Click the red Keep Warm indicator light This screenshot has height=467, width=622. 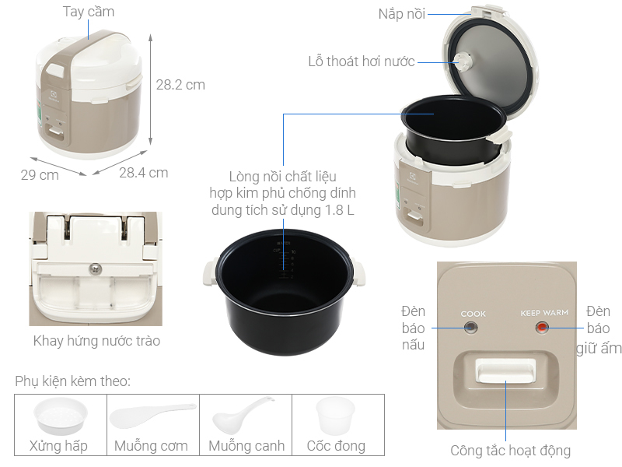[542, 328]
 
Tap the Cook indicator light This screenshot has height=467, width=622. [470, 328]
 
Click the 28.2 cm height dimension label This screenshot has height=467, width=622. [180, 85]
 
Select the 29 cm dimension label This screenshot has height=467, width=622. [40, 174]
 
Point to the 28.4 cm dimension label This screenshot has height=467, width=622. [144, 173]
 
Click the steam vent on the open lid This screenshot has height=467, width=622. [462, 62]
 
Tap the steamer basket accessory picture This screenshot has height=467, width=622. [61, 416]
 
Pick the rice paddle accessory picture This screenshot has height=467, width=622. [152, 416]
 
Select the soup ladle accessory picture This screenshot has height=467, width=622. [243, 415]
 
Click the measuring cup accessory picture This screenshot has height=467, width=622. [335, 416]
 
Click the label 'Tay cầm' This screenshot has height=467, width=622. [89, 12]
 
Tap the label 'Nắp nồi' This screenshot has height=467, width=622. [401, 14]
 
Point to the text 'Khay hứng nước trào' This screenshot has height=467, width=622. [96, 341]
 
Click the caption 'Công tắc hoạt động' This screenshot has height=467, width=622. [510, 451]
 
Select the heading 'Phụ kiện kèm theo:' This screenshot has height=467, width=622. [72, 381]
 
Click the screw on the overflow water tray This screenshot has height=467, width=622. [95, 269]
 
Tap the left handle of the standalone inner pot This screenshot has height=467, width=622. [210, 273]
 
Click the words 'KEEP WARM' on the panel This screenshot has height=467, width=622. [544, 313]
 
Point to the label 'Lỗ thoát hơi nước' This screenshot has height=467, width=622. [362, 61]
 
